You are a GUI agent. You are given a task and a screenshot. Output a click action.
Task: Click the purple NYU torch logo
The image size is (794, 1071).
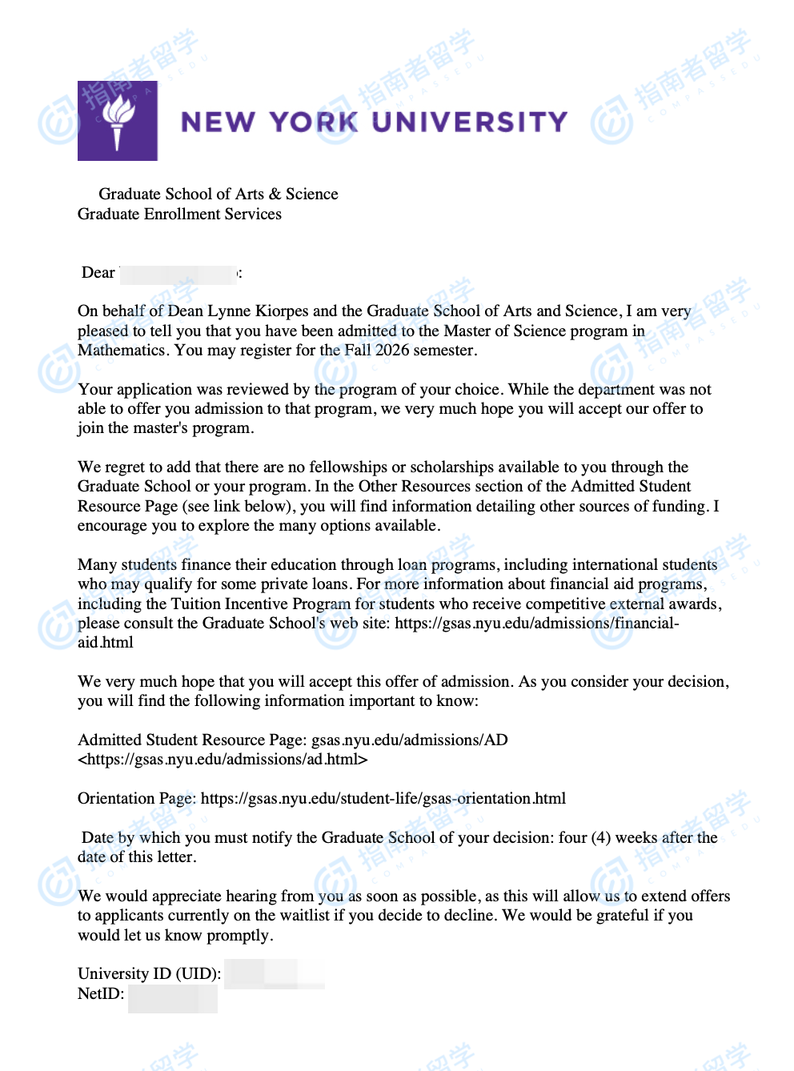tap(118, 121)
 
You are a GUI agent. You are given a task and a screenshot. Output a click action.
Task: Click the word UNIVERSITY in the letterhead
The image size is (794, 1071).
tap(470, 122)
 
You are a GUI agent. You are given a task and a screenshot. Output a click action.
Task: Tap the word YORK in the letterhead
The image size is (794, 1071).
tap(313, 122)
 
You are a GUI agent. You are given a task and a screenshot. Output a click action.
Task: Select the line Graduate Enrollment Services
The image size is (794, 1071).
tap(179, 214)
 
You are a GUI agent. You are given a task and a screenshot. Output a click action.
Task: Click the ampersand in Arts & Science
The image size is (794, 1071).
tap(275, 195)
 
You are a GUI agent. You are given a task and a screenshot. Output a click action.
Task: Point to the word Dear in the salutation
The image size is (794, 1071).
tap(98, 273)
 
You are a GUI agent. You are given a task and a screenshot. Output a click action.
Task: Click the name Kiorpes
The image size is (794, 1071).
tap(281, 311)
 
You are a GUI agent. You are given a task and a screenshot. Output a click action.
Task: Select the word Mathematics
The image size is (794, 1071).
tap(121, 351)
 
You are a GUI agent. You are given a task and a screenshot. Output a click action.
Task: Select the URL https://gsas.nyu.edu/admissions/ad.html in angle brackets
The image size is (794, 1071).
tap(223, 760)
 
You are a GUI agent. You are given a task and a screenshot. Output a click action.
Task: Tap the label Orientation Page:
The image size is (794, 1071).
tap(137, 799)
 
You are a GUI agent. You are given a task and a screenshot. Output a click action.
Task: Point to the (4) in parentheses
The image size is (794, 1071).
tap(600, 838)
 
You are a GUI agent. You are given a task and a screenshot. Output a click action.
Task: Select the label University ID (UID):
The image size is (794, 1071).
tap(149, 974)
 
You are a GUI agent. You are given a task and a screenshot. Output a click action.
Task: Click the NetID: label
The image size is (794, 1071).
tap(101, 994)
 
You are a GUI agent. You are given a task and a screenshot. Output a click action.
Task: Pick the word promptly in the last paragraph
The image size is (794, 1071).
tap(239, 936)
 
